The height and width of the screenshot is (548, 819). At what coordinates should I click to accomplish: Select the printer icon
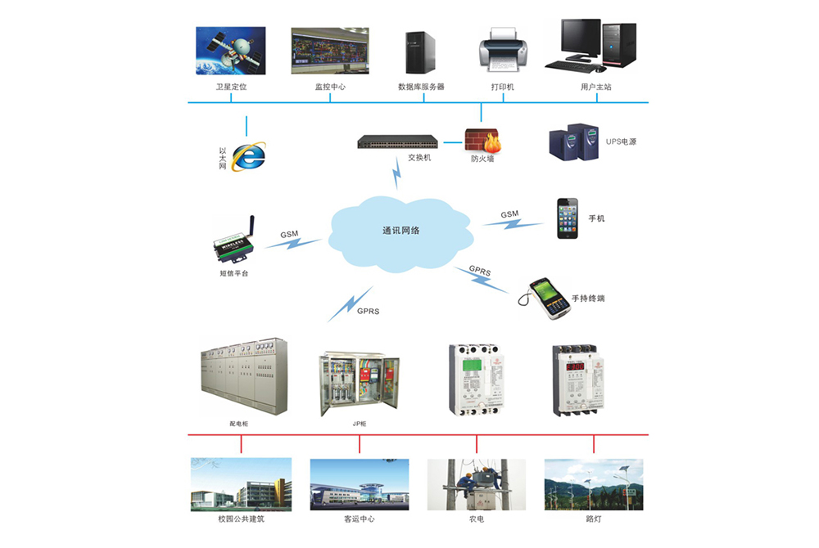[x=502, y=48]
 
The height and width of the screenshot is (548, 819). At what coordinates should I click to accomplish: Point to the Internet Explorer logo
[x=249, y=155]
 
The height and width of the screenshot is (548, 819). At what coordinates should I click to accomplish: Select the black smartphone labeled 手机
[x=568, y=218]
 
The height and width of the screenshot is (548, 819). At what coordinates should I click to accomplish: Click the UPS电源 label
[x=621, y=141]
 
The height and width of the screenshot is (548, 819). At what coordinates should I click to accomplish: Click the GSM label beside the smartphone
[x=510, y=214]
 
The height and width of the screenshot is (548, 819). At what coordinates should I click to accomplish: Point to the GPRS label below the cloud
[x=368, y=312]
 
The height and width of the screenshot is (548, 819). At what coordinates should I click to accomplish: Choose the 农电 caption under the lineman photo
[x=476, y=519]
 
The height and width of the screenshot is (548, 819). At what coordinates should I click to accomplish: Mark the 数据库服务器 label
[x=421, y=86]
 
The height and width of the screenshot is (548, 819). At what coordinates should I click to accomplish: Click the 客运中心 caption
[x=359, y=519]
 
